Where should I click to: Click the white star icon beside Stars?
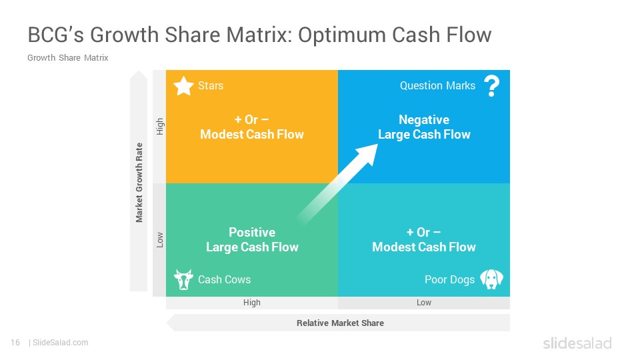[x=184, y=86]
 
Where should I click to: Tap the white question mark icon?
[x=492, y=86]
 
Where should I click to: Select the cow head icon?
[x=183, y=279]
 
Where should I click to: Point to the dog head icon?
[x=491, y=279]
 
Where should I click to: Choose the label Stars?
[x=211, y=86]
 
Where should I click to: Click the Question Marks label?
[x=437, y=86]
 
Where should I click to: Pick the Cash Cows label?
[x=224, y=279]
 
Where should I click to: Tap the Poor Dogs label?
[x=449, y=279]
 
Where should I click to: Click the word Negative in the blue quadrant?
[x=424, y=119]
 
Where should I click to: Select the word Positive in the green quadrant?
[x=252, y=232]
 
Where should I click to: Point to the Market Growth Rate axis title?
[x=139, y=183]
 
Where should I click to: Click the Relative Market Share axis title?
[x=340, y=323]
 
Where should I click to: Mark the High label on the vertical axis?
[x=159, y=127]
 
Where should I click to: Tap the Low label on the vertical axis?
[x=159, y=240]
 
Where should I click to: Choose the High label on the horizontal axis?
[x=251, y=303]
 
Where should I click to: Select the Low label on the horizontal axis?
[x=424, y=303]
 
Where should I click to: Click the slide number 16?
[x=15, y=343]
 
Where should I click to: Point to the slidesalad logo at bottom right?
[x=577, y=343]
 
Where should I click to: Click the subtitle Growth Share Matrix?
[x=68, y=57]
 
